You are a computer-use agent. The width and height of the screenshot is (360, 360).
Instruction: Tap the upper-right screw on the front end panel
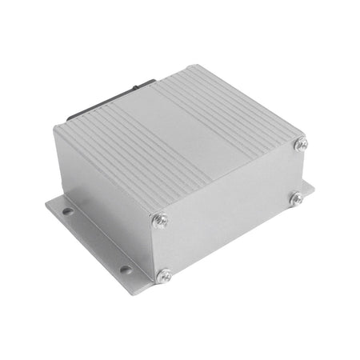coord(302,144)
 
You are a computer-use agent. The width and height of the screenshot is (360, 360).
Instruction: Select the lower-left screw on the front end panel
coord(166,274)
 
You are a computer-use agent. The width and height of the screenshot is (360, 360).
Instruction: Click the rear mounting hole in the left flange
coord(67,212)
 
